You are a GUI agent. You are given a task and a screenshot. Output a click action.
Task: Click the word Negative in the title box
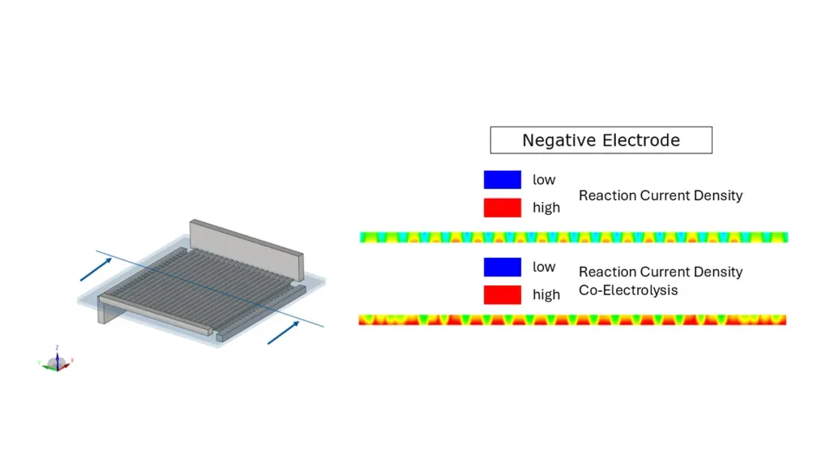(559, 140)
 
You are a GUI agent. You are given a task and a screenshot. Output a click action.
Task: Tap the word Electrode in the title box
(641, 140)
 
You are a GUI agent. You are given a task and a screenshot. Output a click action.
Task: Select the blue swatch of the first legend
(503, 179)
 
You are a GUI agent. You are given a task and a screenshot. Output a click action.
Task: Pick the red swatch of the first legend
(503, 208)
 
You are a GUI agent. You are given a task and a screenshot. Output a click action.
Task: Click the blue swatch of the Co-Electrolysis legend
(503, 267)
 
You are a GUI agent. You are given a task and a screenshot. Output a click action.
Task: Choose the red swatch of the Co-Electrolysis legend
(503, 295)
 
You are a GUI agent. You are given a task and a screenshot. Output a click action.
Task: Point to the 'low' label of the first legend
(544, 180)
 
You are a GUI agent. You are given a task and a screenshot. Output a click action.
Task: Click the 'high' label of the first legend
(546, 208)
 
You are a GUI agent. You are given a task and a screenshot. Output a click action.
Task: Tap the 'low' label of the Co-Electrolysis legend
(544, 267)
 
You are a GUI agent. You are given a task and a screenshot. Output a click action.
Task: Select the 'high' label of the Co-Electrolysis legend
(546, 295)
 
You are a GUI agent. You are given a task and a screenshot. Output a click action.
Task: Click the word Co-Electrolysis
(628, 291)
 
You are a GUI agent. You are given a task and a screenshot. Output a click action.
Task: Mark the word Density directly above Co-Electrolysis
(718, 272)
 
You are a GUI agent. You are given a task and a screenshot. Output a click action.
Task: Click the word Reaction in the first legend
(607, 195)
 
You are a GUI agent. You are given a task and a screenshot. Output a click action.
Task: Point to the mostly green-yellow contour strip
(574, 238)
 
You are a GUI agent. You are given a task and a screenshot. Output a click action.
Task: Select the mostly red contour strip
(572, 319)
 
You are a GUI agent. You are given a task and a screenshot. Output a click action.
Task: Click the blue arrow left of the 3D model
(96, 269)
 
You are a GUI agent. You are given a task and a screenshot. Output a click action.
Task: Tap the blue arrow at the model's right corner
(283, 332)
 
